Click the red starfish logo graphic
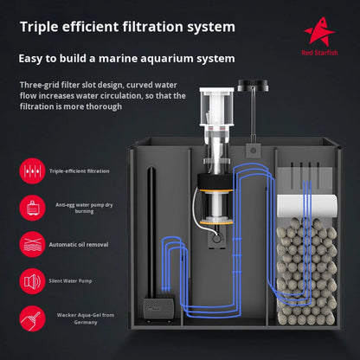[319, 32]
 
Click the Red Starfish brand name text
[319, 53]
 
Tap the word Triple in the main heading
[39, 27]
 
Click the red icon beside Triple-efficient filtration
[32, 171]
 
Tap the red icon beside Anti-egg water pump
[32, 208]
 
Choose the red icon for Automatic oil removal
[32, 244]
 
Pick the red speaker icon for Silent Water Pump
[32, 281]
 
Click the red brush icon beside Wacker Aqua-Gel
[32, 318]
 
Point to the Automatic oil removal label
[79, 245]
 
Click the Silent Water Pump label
[70, 281]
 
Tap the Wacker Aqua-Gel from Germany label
[86, 318]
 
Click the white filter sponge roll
[307, 206]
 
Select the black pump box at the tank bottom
[158, 308]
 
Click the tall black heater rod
[151, 232]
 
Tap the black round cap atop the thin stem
[253, 85]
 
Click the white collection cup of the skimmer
[217, 106]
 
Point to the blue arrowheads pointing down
[166, 288]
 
